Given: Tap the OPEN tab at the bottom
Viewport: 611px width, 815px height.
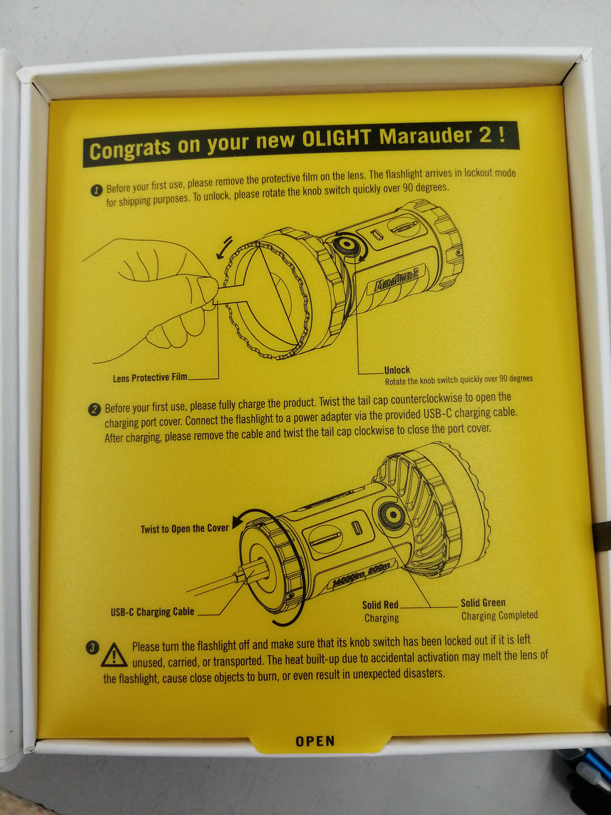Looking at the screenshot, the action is [x=315, y=741].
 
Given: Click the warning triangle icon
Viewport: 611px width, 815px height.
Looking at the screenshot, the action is [x=115, y=656].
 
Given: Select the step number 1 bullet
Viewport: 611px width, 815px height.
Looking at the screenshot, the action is [x=97, y=191].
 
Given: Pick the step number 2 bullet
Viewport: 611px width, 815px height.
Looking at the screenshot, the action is [x=94, y=410].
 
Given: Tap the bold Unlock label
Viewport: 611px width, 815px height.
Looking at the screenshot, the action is [x=397, y=370].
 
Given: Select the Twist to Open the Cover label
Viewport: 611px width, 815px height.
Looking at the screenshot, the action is [x=185, y=528].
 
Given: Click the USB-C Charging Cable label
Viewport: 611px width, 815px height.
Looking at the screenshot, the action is [x=153, y=611].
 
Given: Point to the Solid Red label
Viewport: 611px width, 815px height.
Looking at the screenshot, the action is [x=380, y=605].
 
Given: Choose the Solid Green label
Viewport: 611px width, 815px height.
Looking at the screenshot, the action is [x=483, y=602].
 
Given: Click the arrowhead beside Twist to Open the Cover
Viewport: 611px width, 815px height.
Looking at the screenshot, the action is [x=237, y=522].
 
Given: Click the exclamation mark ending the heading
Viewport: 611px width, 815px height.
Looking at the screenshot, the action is [x=502, y=134].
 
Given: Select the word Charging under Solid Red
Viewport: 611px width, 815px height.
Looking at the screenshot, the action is [x=381, y=618].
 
